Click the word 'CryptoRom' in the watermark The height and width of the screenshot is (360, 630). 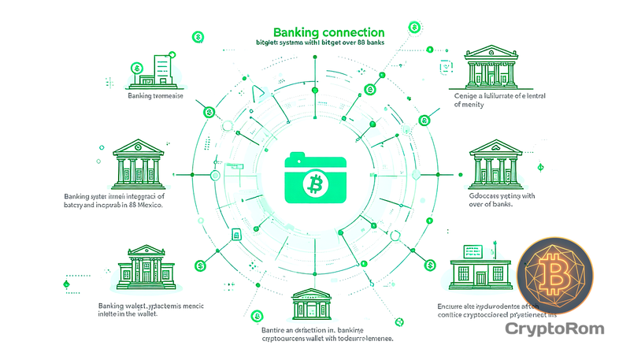point(560,328)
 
